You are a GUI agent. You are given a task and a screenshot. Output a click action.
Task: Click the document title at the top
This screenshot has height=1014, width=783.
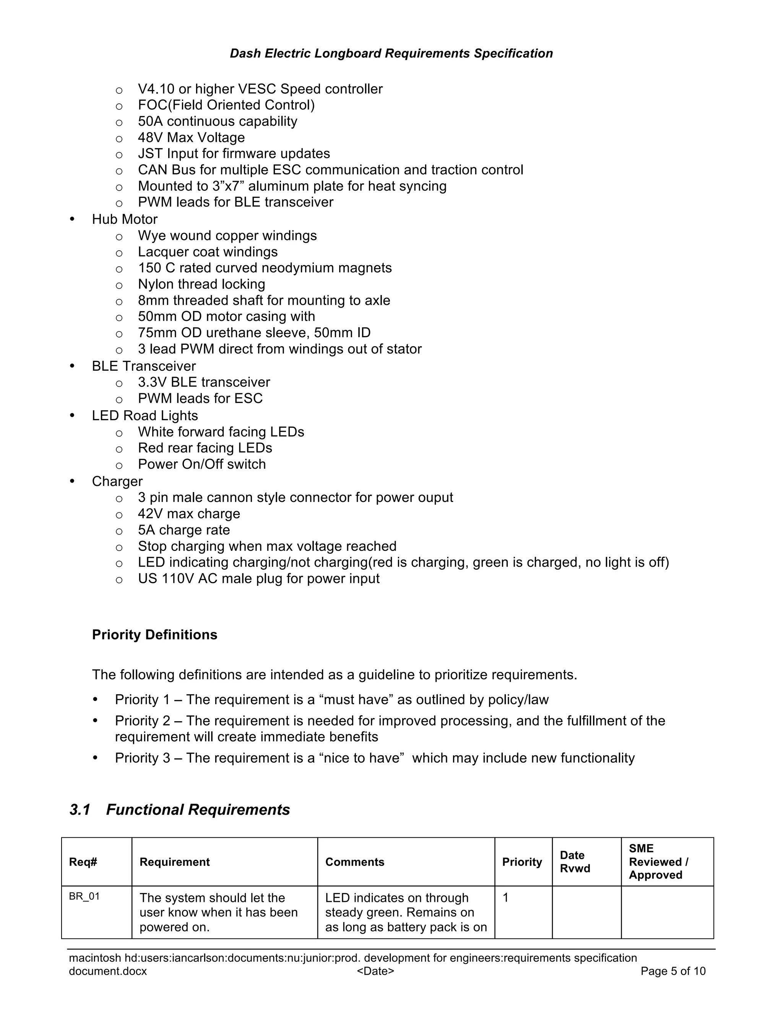coord(391,54)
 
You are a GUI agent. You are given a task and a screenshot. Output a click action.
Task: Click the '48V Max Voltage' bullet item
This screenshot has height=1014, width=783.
coord(191,137)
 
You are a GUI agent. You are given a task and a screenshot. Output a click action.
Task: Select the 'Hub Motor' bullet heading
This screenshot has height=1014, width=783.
coord(124,219)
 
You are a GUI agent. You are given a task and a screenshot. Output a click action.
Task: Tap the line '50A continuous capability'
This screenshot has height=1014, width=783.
coord(217,121)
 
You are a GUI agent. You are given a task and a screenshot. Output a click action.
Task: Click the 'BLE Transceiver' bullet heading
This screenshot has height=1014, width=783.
coord(143,366)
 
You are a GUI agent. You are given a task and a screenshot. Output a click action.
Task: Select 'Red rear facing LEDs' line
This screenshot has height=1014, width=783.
coord(205,448)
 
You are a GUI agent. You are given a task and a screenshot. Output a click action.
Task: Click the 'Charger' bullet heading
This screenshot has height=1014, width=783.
coord(117,481)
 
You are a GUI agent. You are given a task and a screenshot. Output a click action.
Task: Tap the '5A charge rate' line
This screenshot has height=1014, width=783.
coord(184,530)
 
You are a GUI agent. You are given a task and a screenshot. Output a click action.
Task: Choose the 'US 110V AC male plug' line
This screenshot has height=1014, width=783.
coord(258,579)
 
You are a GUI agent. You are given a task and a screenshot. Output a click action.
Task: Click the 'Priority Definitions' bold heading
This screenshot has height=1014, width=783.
coord(154,635)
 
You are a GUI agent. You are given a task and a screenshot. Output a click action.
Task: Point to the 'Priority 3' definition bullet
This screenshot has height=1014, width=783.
coord(374,758)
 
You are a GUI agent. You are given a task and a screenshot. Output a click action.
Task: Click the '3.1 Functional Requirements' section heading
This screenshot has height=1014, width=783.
coord(180,809)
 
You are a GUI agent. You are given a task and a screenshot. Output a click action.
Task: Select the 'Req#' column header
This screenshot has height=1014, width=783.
coord(83,862)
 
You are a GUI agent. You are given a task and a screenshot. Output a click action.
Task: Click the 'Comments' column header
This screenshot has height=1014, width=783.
coord(354,862)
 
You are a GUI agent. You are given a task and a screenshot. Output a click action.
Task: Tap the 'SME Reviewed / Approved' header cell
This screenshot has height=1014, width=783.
coord(658,862)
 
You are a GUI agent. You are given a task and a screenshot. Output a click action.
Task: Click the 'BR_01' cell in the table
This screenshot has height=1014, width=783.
coord(84,897)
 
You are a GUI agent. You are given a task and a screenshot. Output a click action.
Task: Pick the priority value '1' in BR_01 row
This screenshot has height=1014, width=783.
coord(505,897)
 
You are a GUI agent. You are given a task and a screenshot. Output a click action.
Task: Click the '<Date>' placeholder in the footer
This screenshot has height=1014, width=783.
coord(375,971)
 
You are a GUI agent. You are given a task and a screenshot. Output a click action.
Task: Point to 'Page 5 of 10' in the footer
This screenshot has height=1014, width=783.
coord(673,971)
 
